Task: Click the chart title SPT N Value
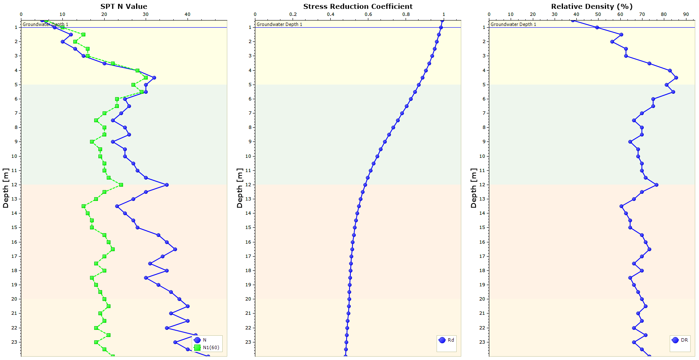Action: click(123, 6)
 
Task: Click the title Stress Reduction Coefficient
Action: click(358, 6)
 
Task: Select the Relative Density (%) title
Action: click(591, 6)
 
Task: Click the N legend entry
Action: click(204, 340)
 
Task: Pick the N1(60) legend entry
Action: click(211, 347)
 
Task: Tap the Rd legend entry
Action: click(450, 340)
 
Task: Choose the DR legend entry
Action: click(684, 340)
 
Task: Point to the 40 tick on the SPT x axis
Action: click(187, 14)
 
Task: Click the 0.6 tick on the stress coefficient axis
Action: click(368, 14)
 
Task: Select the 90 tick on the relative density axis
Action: click(686, 14)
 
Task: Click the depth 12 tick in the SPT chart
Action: click(14, 185)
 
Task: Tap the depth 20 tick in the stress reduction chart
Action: click(248, 299)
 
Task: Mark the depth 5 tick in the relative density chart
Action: click(484, 85)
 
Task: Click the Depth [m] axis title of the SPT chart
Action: click(5, 188)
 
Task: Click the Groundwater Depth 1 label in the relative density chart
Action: click(513, 24)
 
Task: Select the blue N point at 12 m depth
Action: click(167, 185)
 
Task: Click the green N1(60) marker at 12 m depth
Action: click(121, 185)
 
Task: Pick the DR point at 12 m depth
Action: click(656, 185)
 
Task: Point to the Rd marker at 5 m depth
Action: click(419, 85)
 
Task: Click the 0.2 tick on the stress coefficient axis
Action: click(293, 14)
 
